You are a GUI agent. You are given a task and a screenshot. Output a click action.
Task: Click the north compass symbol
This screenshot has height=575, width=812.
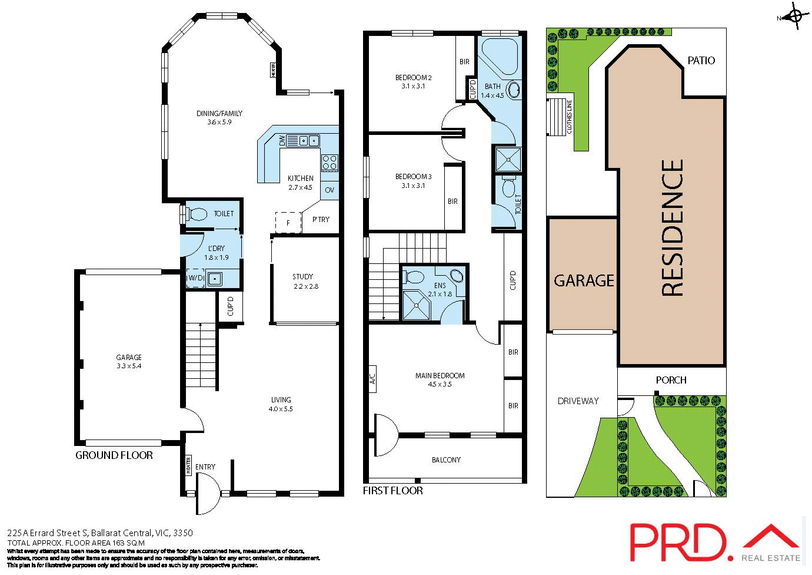coord(794,17)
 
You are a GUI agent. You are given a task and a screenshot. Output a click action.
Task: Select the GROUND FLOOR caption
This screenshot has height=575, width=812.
coord(114,455)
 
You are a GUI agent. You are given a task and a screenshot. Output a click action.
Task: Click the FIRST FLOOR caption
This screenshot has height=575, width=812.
coord(392,491)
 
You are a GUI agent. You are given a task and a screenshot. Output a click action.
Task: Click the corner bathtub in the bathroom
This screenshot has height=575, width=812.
coord(498,56)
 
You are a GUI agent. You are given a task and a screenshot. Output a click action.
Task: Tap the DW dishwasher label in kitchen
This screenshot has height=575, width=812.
coord(282,141)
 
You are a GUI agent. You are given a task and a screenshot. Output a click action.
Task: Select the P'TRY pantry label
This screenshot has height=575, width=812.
coord(321,220)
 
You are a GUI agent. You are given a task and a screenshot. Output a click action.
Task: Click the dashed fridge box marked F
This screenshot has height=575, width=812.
coord(288,223)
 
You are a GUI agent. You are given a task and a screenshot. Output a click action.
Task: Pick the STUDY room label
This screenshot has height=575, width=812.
coord(303,277)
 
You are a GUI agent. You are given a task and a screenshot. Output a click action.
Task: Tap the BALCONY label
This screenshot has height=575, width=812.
coord(446,460)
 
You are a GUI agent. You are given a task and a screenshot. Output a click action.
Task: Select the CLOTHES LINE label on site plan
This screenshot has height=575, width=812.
coord(569,117)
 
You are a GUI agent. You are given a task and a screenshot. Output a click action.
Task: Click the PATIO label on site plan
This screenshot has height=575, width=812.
coord(701,61)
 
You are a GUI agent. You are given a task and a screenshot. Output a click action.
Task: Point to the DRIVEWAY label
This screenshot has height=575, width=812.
coord(578,401)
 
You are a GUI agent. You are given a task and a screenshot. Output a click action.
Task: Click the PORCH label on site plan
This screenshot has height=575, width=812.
coord(671,381)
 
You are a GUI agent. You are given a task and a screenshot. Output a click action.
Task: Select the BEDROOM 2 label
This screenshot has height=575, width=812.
coord(413,78)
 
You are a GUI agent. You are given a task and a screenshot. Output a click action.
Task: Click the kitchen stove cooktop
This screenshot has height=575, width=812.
coord(330,163)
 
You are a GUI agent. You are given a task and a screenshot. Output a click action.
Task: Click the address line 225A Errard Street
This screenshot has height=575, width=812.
coord(100,533)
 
